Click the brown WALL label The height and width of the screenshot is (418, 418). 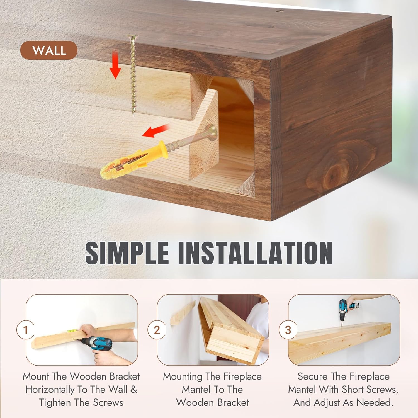click(x=49, y=50)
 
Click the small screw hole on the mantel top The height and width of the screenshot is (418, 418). click(x=280, y=12)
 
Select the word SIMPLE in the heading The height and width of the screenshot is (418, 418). click(x=127, y=253)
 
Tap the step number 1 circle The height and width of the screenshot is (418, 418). click(x=26, y=330)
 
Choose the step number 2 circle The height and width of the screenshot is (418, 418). click(x=157, y=330)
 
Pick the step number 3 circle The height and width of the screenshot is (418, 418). click(x=288, y=330)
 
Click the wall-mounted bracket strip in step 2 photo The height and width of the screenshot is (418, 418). click(x=183, y=313)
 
